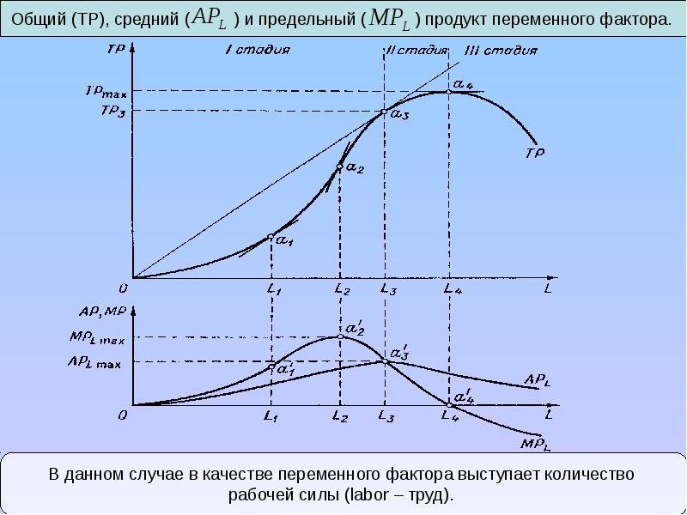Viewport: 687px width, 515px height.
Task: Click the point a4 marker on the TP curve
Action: tap(448, 91)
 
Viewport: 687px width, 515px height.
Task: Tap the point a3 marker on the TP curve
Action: tap(384, 111)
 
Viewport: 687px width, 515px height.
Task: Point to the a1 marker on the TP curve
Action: tap(271, 237)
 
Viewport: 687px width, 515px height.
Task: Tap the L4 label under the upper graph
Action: tap(452, 291)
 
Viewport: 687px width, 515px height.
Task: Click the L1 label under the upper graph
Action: tap(273, 291)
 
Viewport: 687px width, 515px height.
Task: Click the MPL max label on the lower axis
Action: tap(96, 338)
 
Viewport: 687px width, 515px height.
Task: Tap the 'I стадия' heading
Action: tap(257, 49)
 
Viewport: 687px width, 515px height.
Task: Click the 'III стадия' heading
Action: tap(493, 49)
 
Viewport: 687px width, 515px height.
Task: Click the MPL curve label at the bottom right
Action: tap(534, 444)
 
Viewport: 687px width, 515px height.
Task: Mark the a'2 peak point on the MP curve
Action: tap(340, 337)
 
